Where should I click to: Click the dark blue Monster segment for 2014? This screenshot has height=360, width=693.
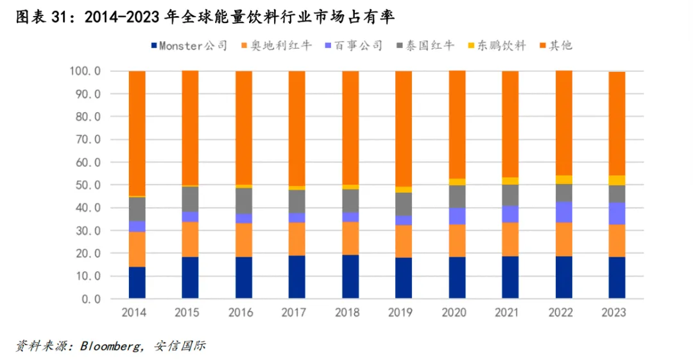tap(137, 282)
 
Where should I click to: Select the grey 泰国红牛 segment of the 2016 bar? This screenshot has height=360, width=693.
tap(244, 201)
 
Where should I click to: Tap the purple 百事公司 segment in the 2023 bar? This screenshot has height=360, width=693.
tap(617, 213)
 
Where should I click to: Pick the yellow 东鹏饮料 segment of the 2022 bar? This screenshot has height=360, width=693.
tap(563, 180)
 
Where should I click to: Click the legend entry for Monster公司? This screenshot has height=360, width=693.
tap(189, 46)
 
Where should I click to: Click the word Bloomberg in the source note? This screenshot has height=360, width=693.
tap(111, 347)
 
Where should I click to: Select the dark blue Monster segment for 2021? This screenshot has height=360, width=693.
tap(510, 277)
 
